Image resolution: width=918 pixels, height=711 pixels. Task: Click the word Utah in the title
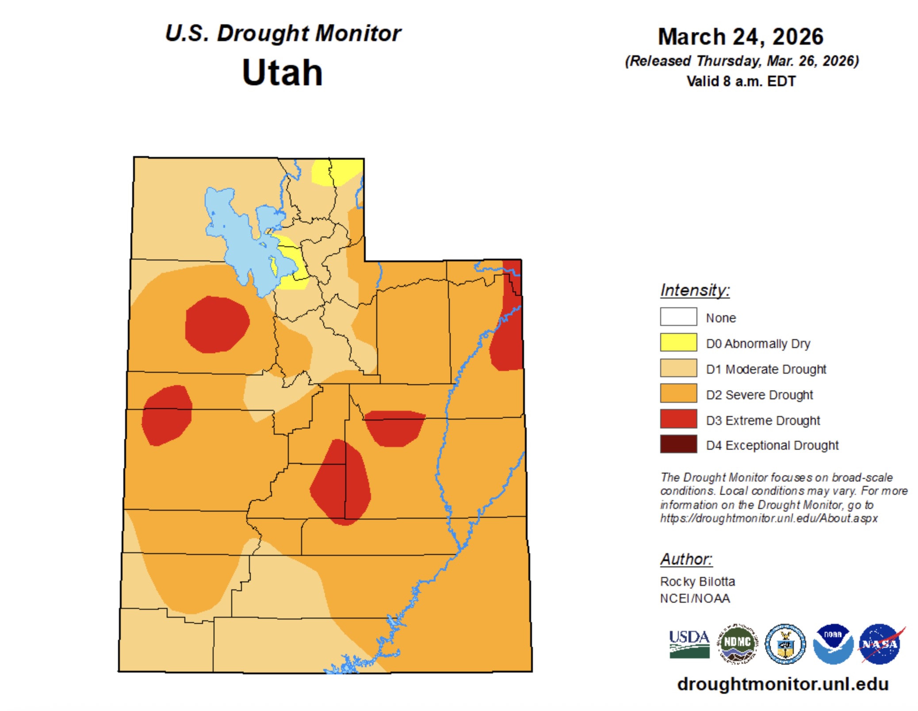pos(282,73)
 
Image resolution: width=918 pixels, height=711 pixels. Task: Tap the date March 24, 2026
pos(740,37)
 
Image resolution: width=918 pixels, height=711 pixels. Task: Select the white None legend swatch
pos(678,317)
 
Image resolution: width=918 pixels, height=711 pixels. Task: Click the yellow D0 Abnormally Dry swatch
pos(678,342)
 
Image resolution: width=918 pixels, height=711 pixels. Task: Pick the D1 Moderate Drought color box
pos(678,368)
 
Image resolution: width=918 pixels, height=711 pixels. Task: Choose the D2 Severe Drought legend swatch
pos(678,393)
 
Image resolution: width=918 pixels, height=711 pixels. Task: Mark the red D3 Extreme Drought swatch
pos(678,419)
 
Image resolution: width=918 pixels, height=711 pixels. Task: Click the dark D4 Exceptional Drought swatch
pos(678,444)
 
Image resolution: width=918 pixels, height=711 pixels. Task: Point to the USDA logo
pos(689,644)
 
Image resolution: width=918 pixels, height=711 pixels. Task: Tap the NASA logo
pos(880,644)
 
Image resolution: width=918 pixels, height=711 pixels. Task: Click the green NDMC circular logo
pos(737,644)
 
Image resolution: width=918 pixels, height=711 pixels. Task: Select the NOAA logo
pos(833,644)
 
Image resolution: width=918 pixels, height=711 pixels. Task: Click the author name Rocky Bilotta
pos(697,581)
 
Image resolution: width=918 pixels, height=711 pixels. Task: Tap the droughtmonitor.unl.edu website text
pos(783,684)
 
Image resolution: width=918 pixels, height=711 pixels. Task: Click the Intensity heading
pos(695,291)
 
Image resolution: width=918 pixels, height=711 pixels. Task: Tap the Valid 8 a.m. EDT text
pos(741,81)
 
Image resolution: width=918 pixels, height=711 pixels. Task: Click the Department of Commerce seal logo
pos(785,644)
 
